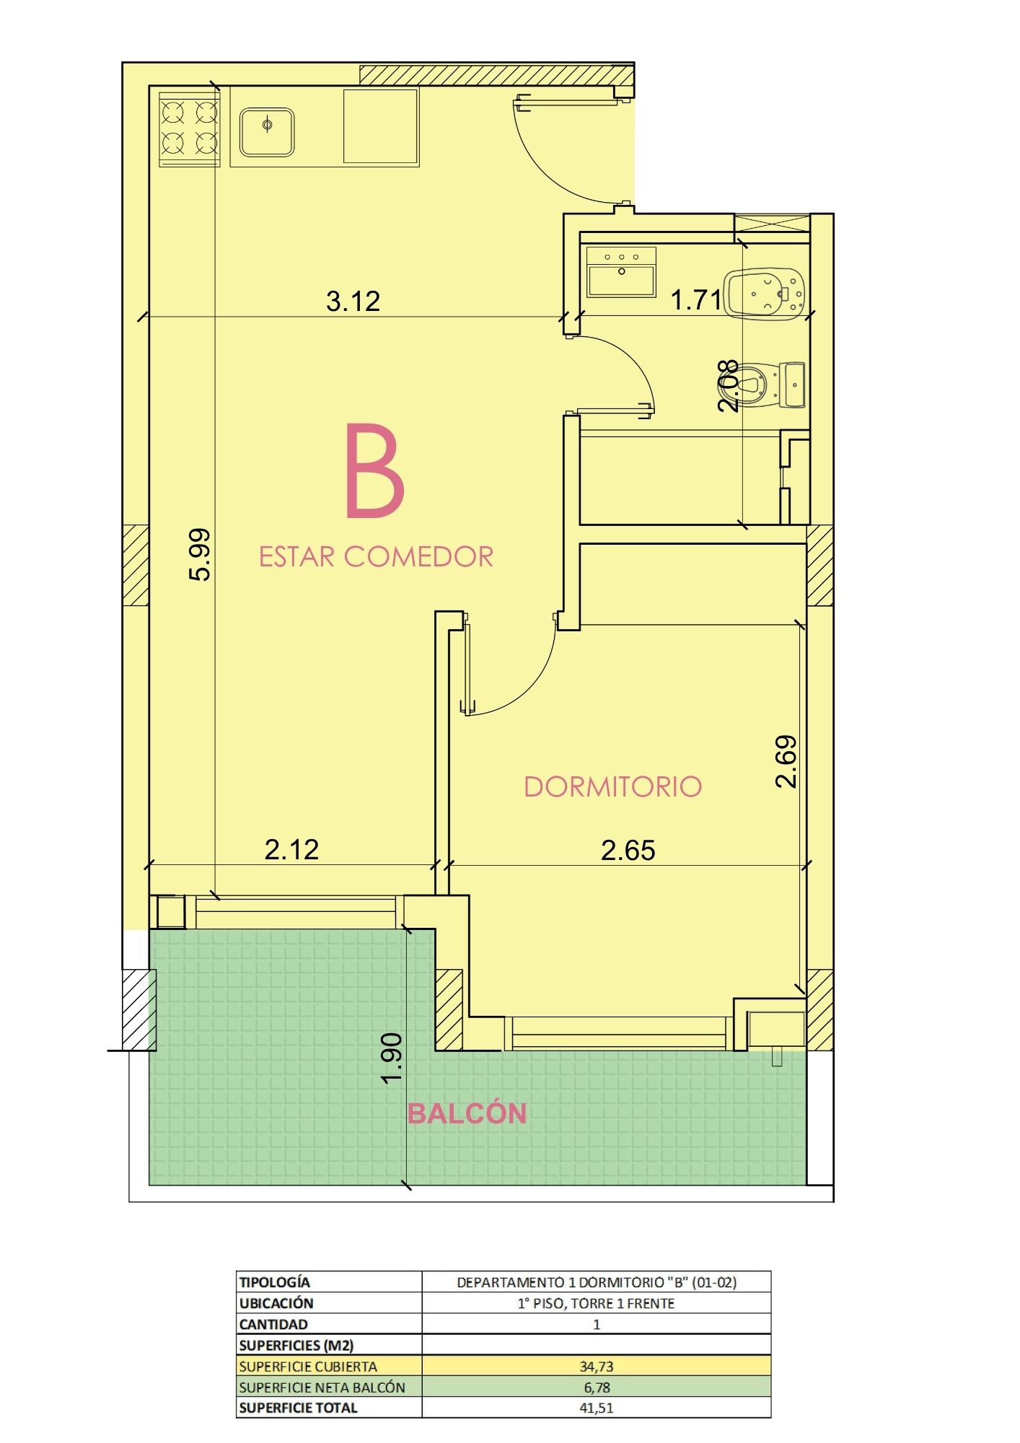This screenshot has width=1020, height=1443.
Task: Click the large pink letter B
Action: (x=374, y=470)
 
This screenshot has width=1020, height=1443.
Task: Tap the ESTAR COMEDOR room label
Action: (x=376, y=557)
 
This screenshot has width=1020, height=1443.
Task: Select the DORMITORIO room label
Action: (x=612, y=786)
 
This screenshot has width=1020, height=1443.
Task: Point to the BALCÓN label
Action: (x=467, y=1113)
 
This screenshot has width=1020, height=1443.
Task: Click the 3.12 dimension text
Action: (x=353, y=301)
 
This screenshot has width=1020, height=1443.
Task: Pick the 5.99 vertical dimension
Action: (x=200, y=554)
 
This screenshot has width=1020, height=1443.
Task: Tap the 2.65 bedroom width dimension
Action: (x=628, y=850)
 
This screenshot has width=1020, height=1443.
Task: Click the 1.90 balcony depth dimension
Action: (x=392, y=1058)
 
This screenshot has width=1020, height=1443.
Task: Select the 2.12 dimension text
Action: (x=291, y=849)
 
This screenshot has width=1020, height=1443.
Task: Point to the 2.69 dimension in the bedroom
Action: (x=786, y=761)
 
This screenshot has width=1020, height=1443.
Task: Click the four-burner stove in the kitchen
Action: (x=190, y=128)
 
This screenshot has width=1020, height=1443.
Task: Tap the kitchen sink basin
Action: (x=267, y=132)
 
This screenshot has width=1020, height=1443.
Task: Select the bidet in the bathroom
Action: (x=764, y=294)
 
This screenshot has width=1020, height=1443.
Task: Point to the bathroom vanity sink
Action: (x=621, y=272)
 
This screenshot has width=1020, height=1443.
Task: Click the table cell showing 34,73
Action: (x=596, y=1366)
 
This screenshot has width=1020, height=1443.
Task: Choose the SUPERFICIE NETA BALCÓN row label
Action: (x=322, y=1387)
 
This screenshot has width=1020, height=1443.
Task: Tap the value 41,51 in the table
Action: (x=596, y=1408)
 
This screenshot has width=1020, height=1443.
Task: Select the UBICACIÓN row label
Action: (x=276, y=1303)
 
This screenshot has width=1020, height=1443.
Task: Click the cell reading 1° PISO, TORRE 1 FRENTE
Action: (x=596, y=1304)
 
